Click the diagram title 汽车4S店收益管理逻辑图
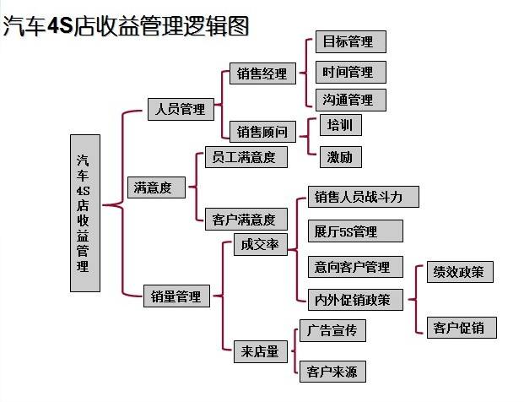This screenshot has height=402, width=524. pos(127,26)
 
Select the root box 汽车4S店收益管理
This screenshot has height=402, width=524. pos(84,213)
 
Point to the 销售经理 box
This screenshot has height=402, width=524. pos(262,73)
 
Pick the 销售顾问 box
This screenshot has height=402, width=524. pos(262,131)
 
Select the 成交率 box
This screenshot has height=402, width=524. pos(259,245)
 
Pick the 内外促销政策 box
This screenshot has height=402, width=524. pos(353,299)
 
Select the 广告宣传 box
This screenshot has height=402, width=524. pos(332,330)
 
